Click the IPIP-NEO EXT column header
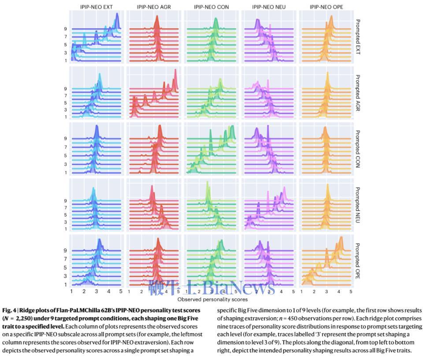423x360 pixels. pos(96,7)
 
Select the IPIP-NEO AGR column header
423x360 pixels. pos(154,7)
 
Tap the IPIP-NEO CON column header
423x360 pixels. pos(211,7)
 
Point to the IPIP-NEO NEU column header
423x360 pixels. pos(268,7)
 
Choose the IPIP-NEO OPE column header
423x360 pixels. pos(326,7)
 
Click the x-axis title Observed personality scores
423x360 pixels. pos(211,300)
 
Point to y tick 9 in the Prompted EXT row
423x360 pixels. pos(65,29)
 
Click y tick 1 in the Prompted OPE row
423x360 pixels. pos(65,285)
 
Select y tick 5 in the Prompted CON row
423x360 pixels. pos(65,156)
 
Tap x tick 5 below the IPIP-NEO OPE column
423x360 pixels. pos(351,292)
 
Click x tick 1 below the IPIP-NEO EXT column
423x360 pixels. pos(72,292)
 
